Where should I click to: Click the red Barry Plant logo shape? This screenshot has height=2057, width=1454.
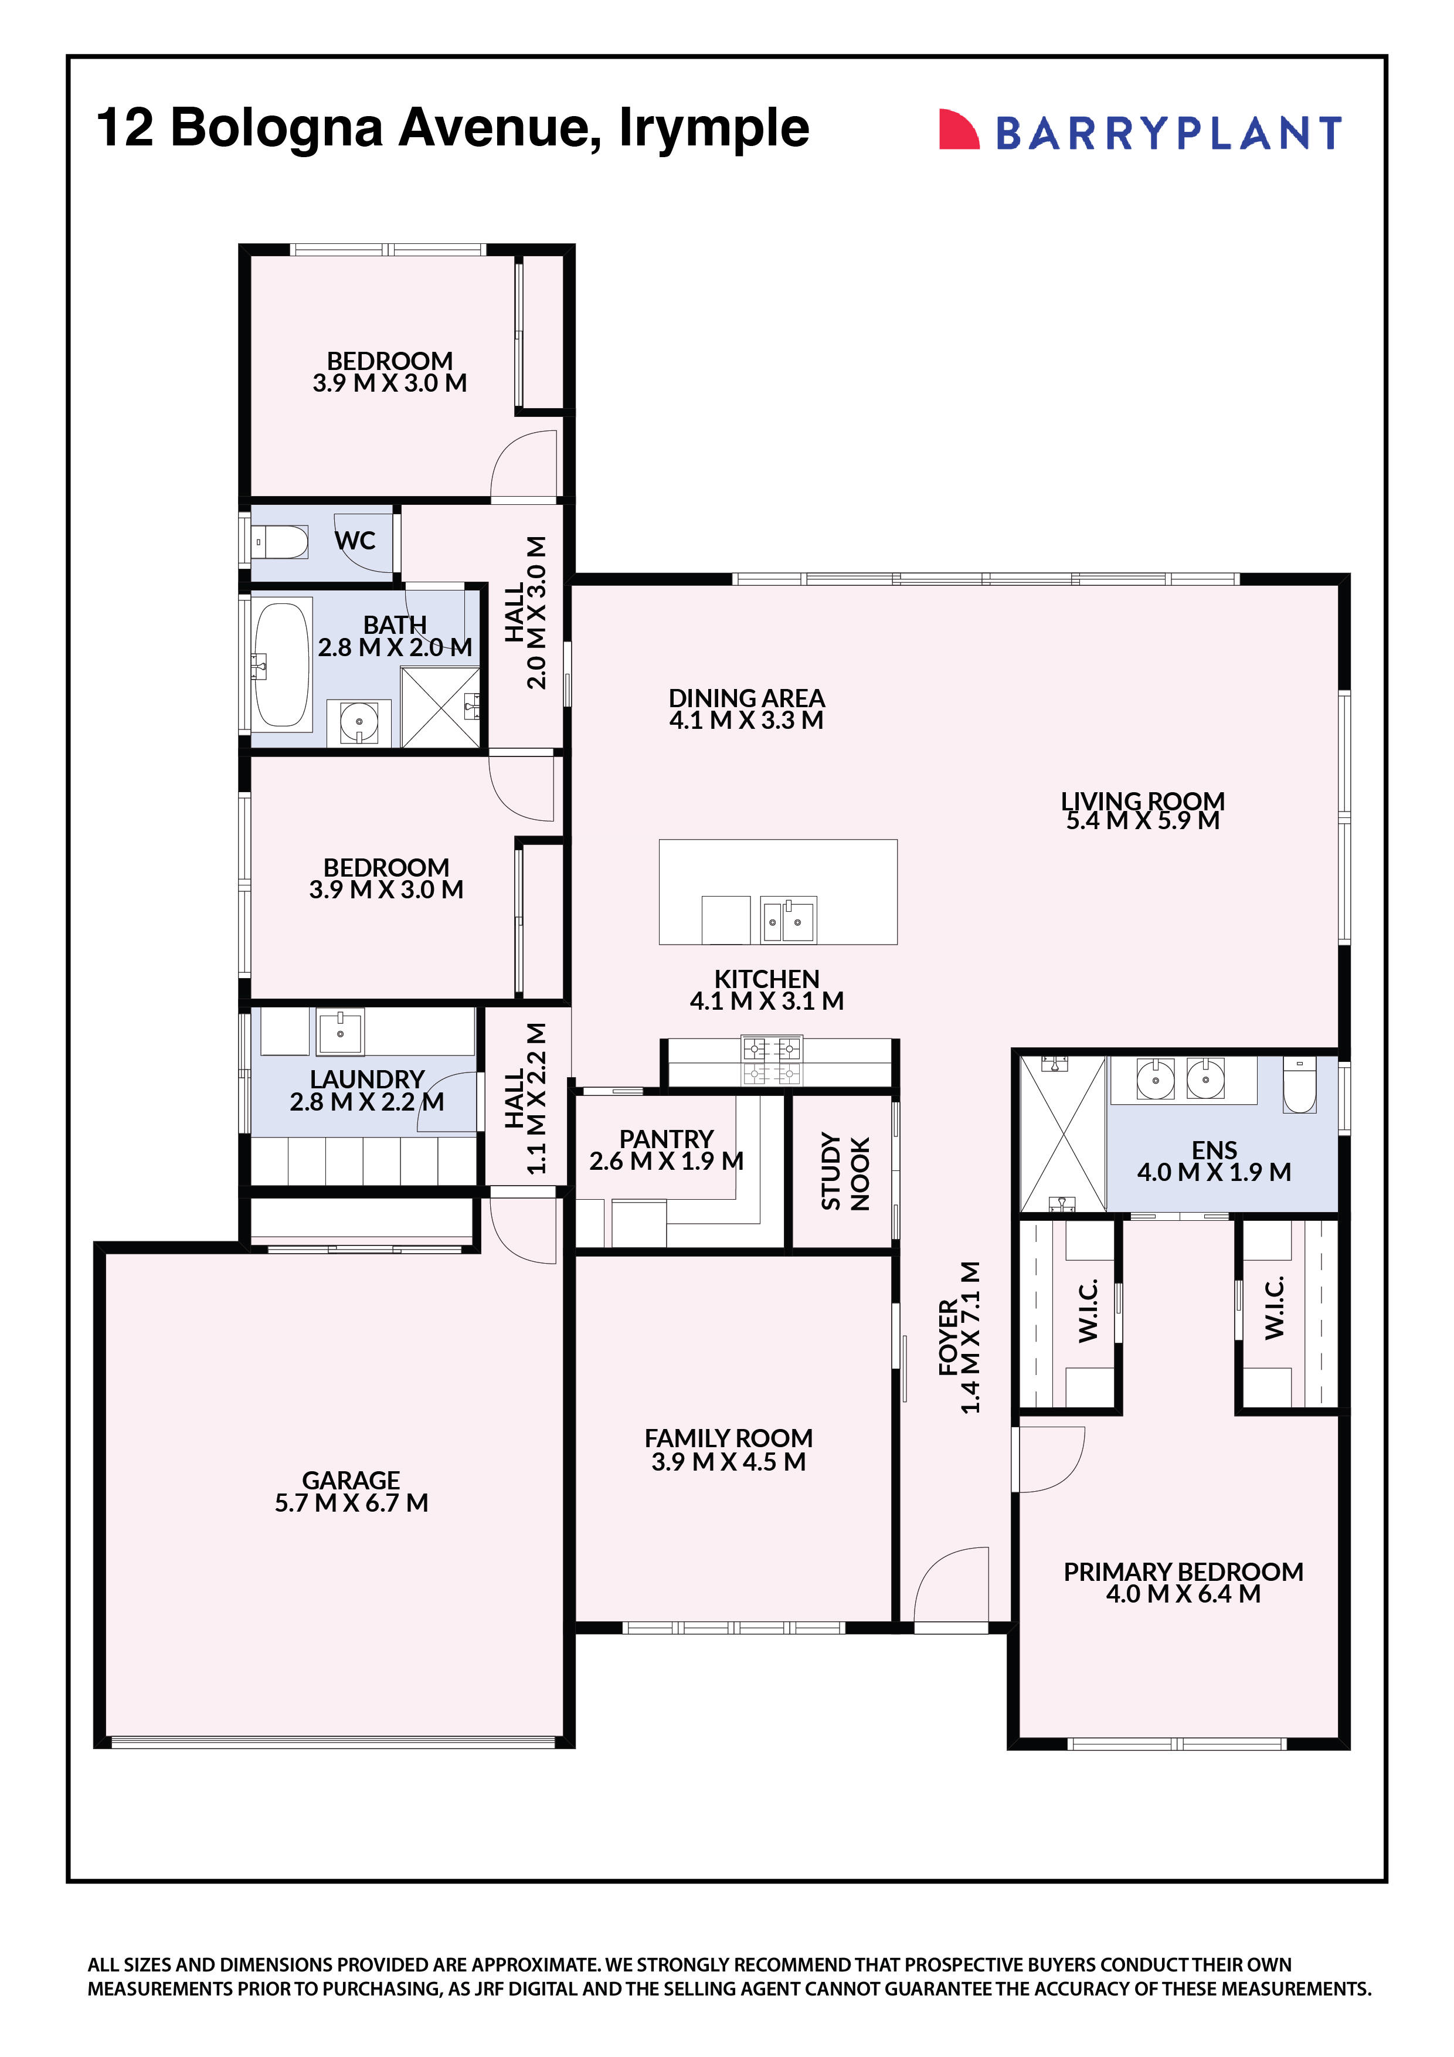pyautogui.click(x=957, y=130)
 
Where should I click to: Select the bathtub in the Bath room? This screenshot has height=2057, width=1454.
pyautogui.click(x=281, y=664)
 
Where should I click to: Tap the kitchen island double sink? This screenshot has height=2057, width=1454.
pyautogui.click(x=787, y=920)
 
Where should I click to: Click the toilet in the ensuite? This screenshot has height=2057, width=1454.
pyautogui.click(x=1299, y=1086)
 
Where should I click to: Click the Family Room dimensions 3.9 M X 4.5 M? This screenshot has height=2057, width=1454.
pyautogui.click(x=728, y=1462)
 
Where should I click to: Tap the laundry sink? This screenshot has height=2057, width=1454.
pyautogui.click(x=341, y=1031)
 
